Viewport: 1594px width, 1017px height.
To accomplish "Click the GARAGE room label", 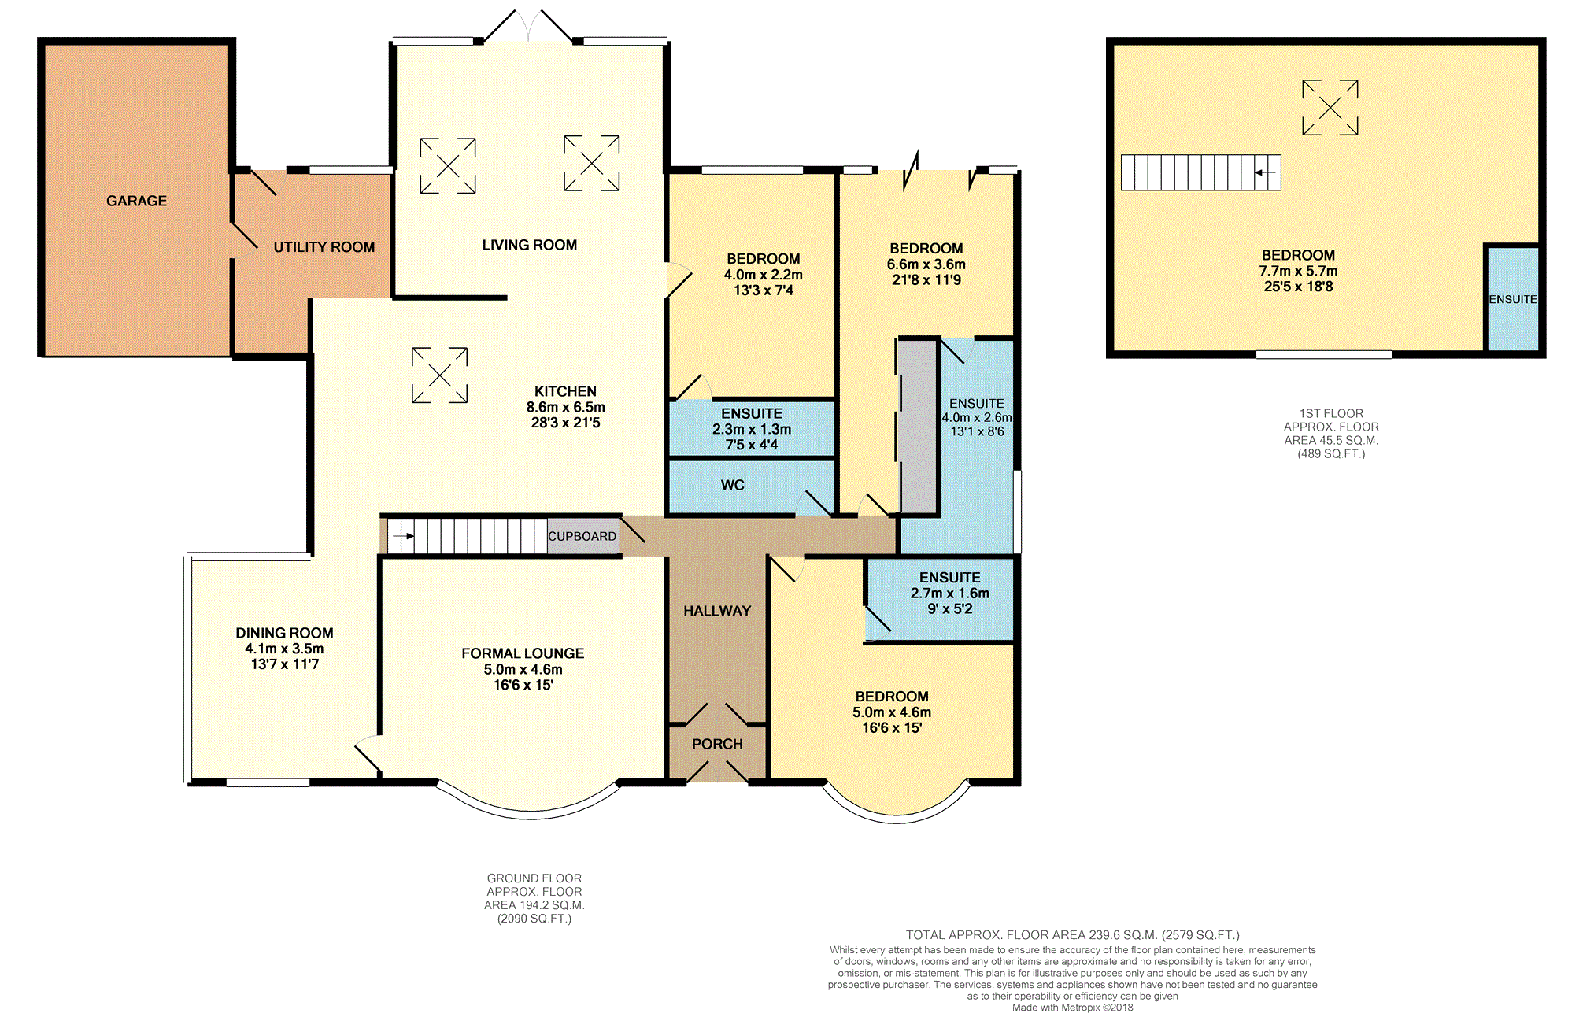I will tap(136, 201).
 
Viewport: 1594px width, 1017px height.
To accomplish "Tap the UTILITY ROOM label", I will tap(324, 247).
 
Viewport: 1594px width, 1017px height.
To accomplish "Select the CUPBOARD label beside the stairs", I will tap(582, 536).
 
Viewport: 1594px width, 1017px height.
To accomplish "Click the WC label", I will tap(732, 485).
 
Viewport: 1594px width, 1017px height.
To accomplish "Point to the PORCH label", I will tap(716, 744).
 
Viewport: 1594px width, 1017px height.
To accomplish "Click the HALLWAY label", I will tap(716, 611).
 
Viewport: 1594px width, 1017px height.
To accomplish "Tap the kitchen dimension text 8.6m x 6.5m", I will tap(565, 407).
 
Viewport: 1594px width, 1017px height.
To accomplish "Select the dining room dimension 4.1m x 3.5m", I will tap(284, 649).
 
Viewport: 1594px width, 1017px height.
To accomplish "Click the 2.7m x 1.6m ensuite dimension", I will tap(949, 593).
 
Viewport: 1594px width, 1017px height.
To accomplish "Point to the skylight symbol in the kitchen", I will tap(439, 375).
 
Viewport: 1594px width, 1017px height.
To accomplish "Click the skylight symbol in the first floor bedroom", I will tap(1330, 108).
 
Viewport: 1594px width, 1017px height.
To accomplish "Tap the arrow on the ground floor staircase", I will tap(403, 536).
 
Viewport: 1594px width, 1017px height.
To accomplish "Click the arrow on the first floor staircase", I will tap(1264, 172).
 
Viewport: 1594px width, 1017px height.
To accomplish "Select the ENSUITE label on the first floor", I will tap(1512, 299).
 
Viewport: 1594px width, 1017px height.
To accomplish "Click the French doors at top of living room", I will tap(528, 28).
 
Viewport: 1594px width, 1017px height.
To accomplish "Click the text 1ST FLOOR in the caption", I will tap(1330, 413).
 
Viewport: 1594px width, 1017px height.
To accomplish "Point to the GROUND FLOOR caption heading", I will tap(534, 878).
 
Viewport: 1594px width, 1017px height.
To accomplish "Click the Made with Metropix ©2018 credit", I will tap(1072, 1008).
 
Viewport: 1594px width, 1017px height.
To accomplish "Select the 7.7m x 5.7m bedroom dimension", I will tap(1297, 271).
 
